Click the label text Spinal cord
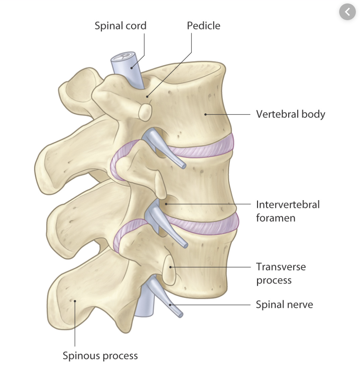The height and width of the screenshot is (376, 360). coord(120,26)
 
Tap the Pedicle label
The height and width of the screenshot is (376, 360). coord(203,26)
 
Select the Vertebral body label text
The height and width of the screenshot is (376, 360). coord(290,114)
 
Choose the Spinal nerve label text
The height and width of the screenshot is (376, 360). coord(284,305)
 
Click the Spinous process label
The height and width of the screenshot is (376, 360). coord(100,356)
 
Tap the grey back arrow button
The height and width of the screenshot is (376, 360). coord(348,12)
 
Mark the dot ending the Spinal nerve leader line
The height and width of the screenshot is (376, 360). coord(170,305)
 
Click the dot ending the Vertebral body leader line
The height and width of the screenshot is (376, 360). coord(206,114)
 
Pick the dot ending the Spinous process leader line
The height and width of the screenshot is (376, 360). coord(75,301)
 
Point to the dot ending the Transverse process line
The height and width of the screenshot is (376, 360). coord(170,267)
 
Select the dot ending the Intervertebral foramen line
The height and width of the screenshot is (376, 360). coord(166,204)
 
